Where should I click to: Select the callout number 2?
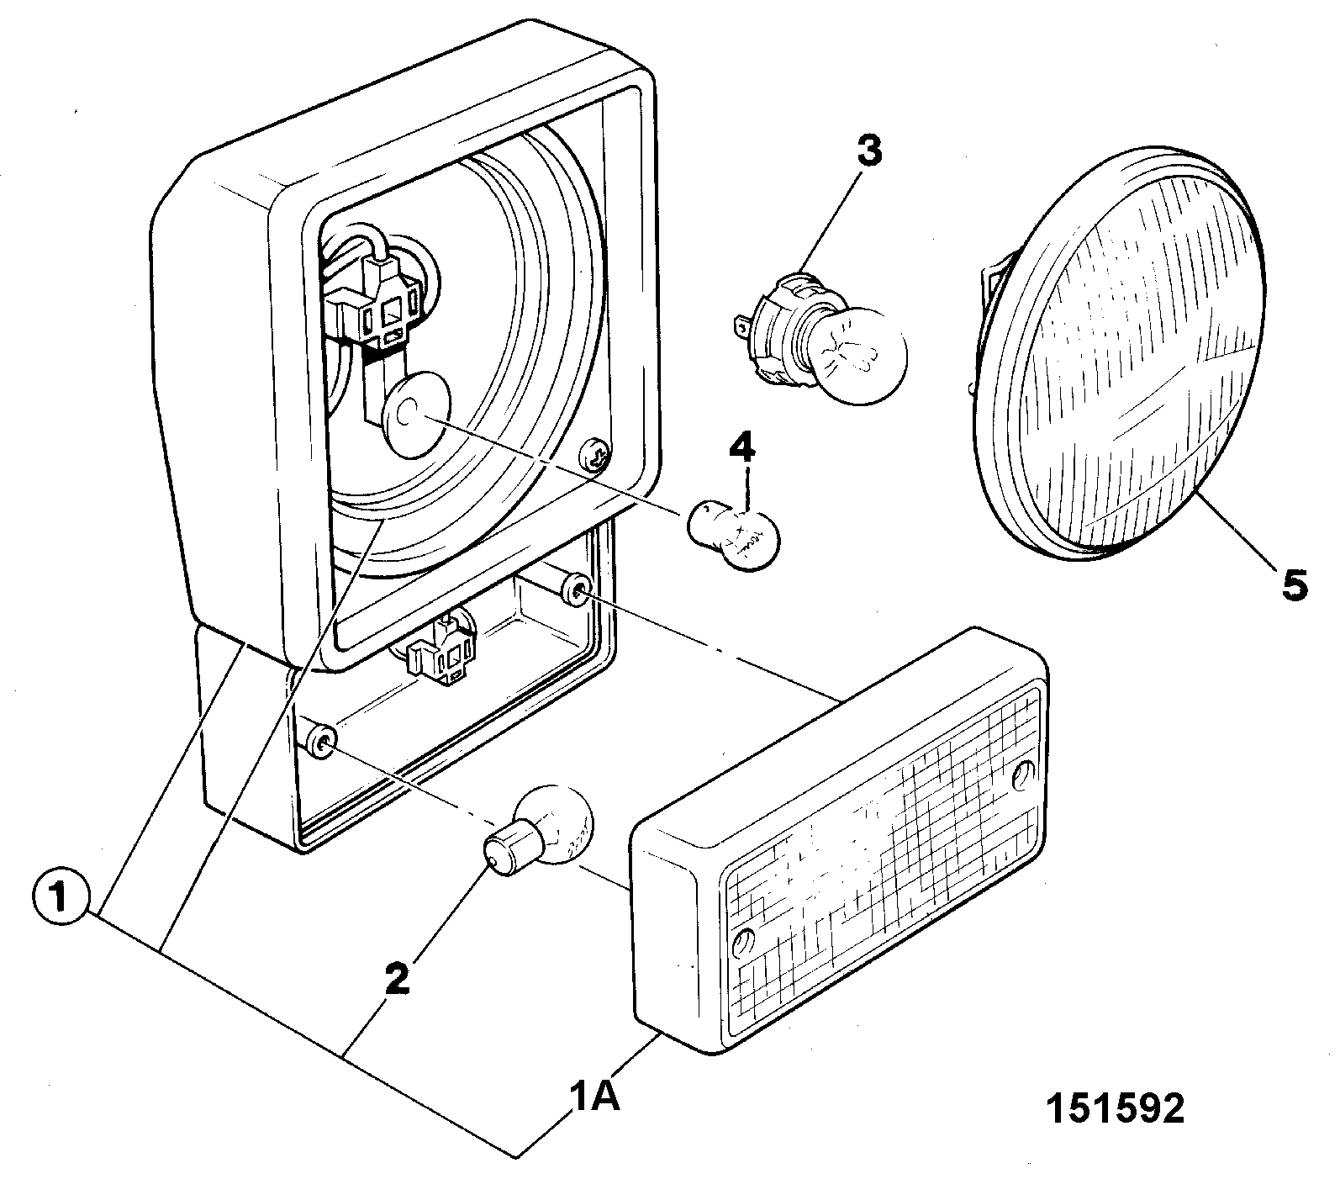point(397,979)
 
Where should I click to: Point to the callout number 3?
point(868,151)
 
